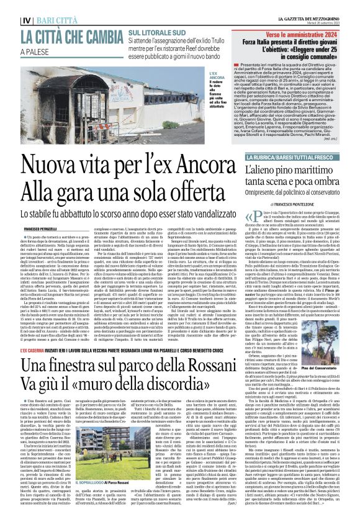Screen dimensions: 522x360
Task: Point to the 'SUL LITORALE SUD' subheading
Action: click(x=154, y=31)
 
